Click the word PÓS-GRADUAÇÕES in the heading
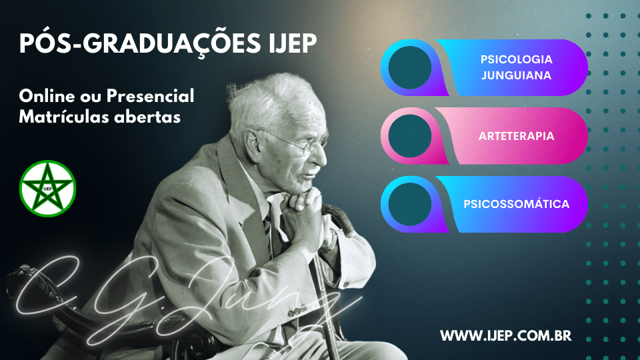[139, 44]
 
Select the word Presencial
[150, 96]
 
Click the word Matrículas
[64, 117]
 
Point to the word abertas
[147, 117]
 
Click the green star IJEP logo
[48, 189]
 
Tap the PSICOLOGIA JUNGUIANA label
[516, 67]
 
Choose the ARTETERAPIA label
[516, 136]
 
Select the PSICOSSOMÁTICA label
[516, 204]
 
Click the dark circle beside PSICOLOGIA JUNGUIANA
[410, 68]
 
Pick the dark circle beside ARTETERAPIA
[410, 136]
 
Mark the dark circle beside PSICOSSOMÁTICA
[410, 204]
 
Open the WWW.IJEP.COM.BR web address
[506, 336]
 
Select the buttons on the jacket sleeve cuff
[297, 312]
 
